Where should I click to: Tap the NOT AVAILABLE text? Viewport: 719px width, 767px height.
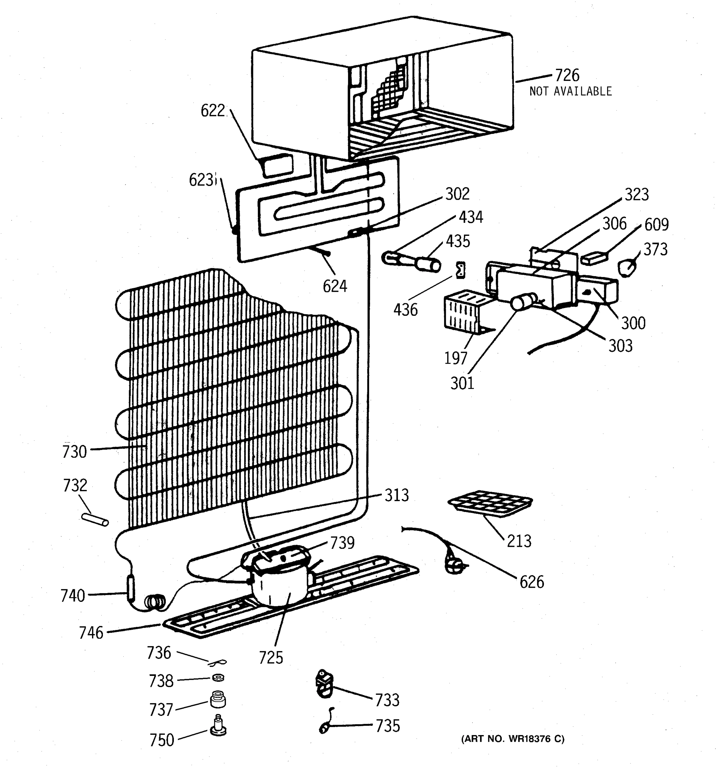pos(570,91)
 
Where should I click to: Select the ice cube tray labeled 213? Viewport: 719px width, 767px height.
pos(490,503)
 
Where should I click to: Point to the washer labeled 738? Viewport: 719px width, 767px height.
pos(218,678)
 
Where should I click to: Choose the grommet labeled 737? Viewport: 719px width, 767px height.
pos(218,699)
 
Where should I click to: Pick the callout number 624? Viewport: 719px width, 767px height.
pos(335,286)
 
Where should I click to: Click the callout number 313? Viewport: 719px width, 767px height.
pos(397,495)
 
